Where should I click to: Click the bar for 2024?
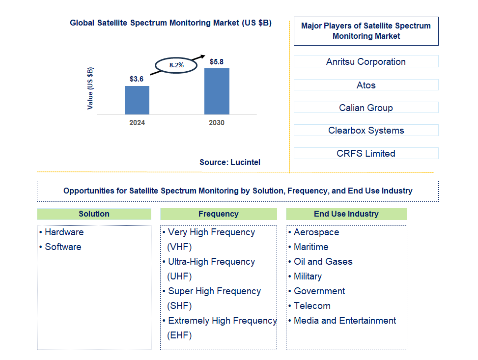137,100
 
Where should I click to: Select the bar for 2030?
217,91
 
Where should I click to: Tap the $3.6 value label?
137,79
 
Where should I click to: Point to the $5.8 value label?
217,62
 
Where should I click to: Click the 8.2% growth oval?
176,65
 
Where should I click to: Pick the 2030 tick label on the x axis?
217,123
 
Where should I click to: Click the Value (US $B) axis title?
90,88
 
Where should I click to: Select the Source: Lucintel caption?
230,162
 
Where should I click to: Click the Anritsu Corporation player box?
366,61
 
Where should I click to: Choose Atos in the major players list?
366,85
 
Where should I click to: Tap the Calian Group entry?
366,108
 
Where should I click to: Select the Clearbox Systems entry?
366,130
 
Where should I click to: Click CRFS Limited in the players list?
366,153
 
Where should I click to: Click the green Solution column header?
94,214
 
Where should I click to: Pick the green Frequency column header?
218,214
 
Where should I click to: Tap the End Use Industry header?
346,214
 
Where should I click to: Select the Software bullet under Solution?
63,247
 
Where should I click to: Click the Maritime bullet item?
311,247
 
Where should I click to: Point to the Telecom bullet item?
312,305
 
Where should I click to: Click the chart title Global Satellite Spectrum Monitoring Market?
170,23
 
